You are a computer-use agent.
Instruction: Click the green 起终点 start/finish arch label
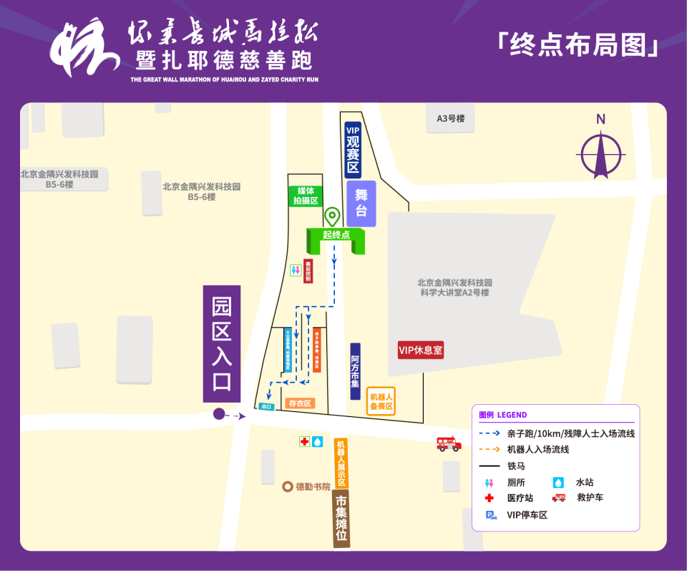(x=336, y=234)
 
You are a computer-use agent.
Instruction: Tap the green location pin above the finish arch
(x=332, y=216)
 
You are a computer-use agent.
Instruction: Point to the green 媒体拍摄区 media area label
(x=305, y=196)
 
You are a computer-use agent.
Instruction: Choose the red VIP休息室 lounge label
(x=421, y=350)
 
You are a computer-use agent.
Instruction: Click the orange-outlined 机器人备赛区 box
(x=381, y=401)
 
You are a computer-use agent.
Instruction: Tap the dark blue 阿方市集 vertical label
(x=356, y=372)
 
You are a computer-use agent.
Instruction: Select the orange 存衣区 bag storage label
(x=300, y=403)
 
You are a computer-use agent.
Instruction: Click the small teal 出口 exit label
(x=266, y=407)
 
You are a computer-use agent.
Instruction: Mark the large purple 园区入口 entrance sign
(x=222, y=344)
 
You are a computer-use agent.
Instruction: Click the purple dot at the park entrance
(x=219, y=413)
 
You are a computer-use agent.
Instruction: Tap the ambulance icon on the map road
(x=449, y=443)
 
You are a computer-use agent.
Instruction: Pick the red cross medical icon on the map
(x=305, y=442)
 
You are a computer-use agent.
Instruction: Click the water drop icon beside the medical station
(x=318, y=442)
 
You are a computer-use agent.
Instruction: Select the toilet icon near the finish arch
(x=295, y=270)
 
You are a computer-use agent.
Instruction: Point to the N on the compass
(x=601, y=120)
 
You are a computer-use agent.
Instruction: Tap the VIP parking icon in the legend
(x=491, y=514)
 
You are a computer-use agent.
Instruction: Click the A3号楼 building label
(x=451, y=119)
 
